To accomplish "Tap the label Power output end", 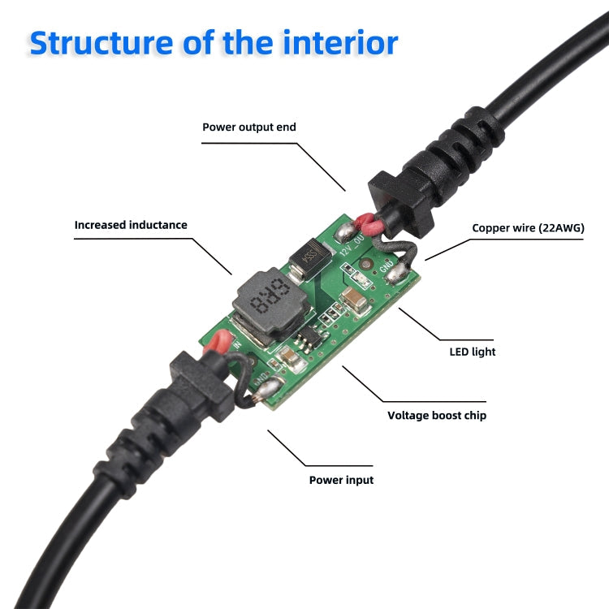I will click(249, 127).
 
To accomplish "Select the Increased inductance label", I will click(131, 225).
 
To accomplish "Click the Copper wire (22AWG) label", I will click(528, 228).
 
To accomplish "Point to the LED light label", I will click(473, 352).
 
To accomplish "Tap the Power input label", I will click(341, 480).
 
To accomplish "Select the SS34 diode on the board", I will click(304, 259).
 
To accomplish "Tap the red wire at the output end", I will click(368, 219).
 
